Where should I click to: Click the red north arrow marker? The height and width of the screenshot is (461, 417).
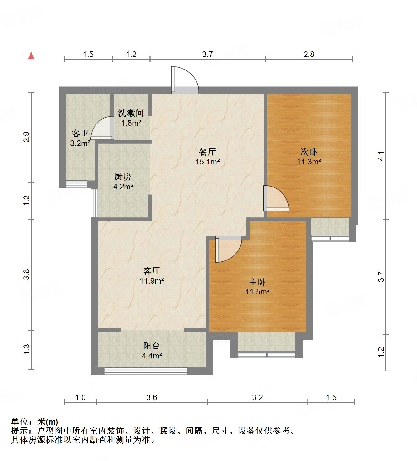pyautogui.click(x=31, y=56)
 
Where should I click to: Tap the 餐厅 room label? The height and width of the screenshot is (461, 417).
pyautogui.click(x=207, y=152)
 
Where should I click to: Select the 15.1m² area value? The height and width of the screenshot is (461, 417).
pyautogui.click(x=207, y=162)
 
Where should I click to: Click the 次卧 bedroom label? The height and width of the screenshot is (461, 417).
pyautogui.click(x=309, y=152)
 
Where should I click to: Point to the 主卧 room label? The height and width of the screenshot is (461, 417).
pyautogui.click(x=257, y=282)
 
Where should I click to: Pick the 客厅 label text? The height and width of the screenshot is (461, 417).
pyautogui.click(x=152, y=271)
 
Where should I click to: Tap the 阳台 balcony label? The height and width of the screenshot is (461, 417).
pyautogui.click(x=152, y=346)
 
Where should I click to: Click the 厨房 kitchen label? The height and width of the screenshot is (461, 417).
pyautogui.click(x=123, y=177)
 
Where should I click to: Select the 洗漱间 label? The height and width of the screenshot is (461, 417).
pyautogui.click(x=131, y=113)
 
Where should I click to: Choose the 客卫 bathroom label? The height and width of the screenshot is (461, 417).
pyautogui.click(x=80, y=133)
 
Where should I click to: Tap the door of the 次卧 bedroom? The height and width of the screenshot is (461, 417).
pyautogui.click(x=276, y=199)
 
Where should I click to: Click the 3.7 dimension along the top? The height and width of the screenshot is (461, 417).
pyautogui.click(x=207, y=55)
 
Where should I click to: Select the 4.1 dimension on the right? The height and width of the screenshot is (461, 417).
pyautogui.click(x=381, y=156)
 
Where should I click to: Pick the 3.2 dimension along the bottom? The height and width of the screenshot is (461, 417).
pyautogui.click(x=258, y=397)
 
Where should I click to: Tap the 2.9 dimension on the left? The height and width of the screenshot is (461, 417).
pyautogui.click(x=27, y=137)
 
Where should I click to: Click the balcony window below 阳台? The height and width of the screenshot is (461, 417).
pyautogui.click(x=146, y=371)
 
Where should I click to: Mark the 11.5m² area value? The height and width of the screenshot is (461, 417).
pyautogui.click(x=257, y=292)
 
